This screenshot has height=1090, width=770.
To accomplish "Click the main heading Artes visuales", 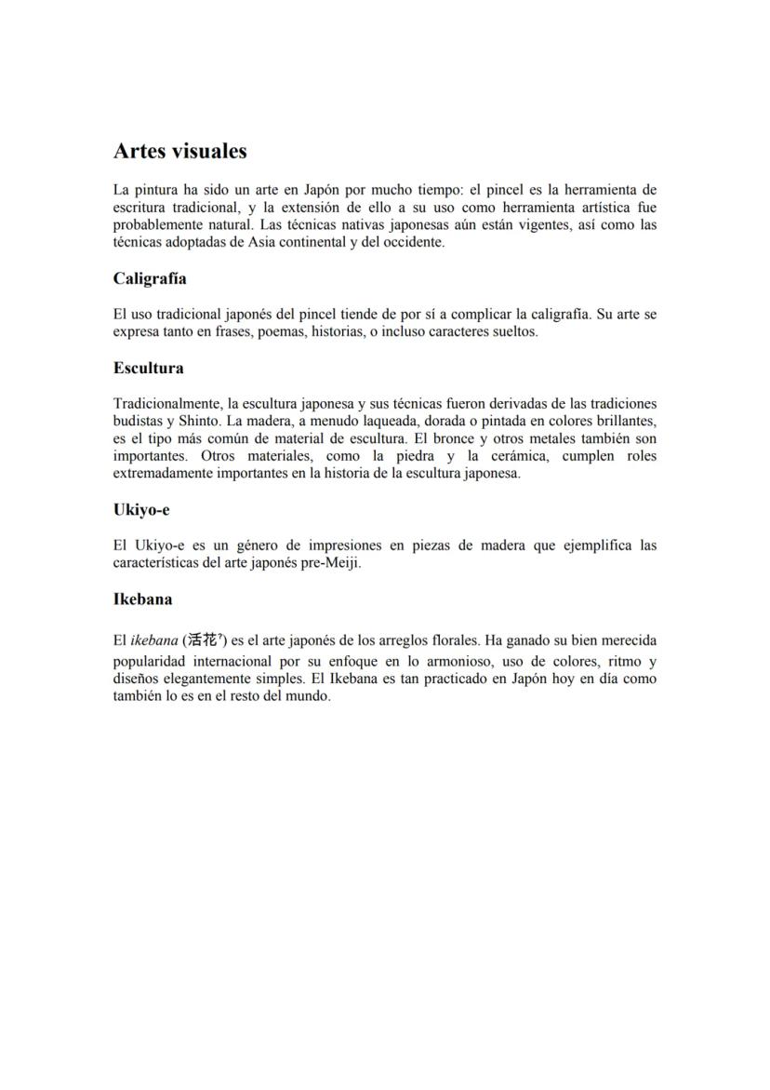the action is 179,151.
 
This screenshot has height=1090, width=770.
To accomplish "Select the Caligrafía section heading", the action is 150,278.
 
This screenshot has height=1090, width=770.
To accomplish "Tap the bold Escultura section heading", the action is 148,368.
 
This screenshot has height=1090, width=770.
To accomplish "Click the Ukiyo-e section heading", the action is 141,510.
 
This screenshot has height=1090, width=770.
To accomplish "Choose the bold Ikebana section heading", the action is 142,599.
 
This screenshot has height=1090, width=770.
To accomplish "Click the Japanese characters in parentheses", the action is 202,640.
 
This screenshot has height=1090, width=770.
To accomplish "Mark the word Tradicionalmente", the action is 166,403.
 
